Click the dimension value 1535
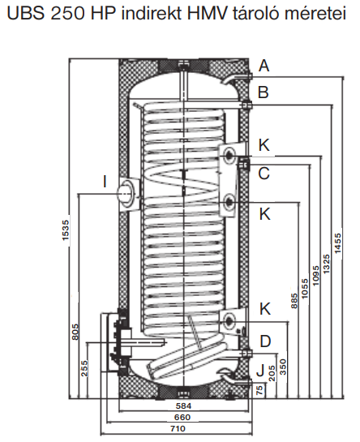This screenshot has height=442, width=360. pos(65,230)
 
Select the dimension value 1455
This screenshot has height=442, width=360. pos(338,243)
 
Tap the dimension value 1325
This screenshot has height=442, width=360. pos(326,264)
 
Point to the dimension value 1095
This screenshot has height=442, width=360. pos(315,276)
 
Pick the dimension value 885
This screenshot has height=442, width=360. pos(294,301)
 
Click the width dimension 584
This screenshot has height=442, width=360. pos(183,406)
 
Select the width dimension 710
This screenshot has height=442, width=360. pos(178,429)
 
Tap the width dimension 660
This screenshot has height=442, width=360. pos(182,417)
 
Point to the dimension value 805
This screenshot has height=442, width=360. pos(75,332)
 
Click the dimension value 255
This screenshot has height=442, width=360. pos(84,368)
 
